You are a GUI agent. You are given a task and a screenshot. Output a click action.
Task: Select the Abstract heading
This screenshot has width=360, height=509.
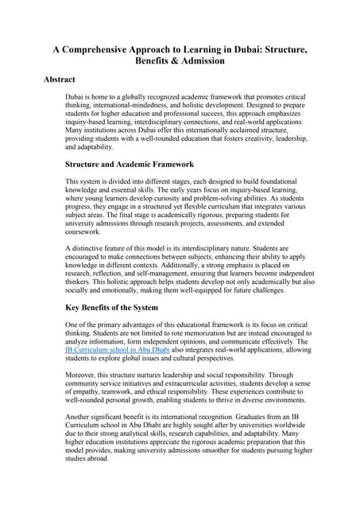click(x=60, y=80)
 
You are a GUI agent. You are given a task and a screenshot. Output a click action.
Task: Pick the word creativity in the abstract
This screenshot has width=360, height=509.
click(x=244, y=138)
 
